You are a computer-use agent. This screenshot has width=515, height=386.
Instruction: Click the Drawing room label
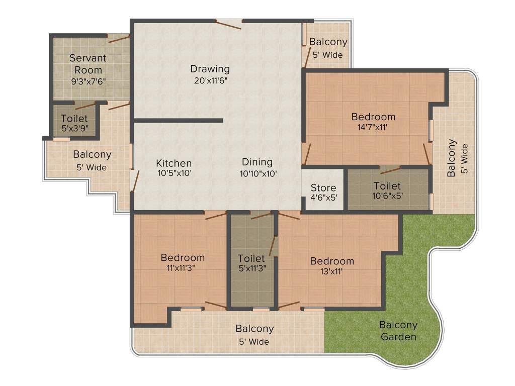click(x=210, y=69)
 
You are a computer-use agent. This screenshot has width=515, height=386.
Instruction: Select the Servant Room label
click(x=88, y=64)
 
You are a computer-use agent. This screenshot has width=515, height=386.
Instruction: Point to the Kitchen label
click(x=174, y=163)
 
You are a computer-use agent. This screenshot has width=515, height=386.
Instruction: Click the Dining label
click(x=257, y=162)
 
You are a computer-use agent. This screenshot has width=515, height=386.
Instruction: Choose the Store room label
click(x=323, y=188)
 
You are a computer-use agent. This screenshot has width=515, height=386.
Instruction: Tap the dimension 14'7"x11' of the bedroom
click(x=373, y=128)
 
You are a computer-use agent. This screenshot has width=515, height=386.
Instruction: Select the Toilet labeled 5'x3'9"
click(x=74, y=119)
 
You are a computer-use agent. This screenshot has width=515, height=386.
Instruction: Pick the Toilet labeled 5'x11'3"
click(x=251, y=258)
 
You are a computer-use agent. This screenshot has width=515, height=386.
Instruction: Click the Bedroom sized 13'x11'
click(x=332, y=261)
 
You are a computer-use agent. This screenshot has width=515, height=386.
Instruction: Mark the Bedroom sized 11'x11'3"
click(x=183, y=258)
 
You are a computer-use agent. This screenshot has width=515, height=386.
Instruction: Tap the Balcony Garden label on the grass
click(x=398, y=331)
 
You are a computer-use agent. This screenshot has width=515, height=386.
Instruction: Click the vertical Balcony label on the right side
click(x=452, y=158)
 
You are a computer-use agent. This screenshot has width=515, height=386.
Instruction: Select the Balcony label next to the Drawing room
click(x=328, y=42)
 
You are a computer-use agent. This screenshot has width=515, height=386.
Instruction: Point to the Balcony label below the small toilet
click(x=92, y=154)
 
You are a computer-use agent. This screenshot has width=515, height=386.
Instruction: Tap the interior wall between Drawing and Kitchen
click(x=178, y=120)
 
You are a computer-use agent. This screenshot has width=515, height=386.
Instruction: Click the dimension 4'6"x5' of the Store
click(x=323, y=198)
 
